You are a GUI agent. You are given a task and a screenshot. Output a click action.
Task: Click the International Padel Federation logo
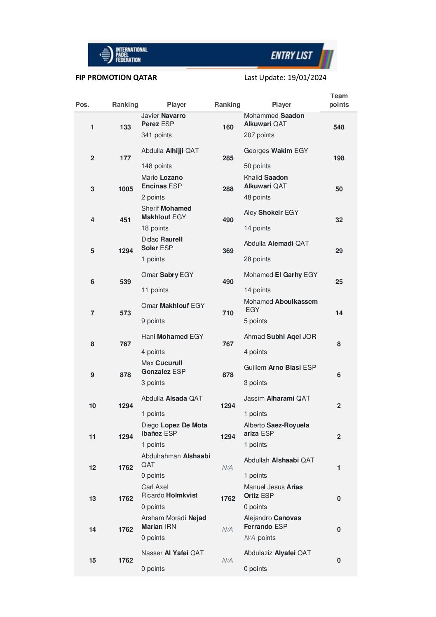click(x=123, y=54)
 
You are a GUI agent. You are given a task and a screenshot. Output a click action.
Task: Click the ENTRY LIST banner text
click(x=291, y=55)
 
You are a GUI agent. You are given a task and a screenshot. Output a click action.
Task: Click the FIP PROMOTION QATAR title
click(x=116, y=77)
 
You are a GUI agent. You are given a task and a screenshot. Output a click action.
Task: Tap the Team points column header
click(x=339, y=100)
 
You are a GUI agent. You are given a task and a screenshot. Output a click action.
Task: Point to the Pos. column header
click(x=82, y=104)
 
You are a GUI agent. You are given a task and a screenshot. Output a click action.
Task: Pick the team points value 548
click(x=339, y=127)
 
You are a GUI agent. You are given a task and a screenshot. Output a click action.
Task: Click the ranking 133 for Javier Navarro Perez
click(x=125, y=127)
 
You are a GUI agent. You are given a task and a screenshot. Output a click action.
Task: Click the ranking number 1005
click(x=125, y=189)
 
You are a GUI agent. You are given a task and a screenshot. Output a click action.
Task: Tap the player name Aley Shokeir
click(x=271, y=212)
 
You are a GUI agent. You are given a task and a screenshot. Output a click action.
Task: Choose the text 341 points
click(x=156, y=135)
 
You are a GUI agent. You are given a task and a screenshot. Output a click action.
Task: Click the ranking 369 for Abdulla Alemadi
click(x=228, y=251)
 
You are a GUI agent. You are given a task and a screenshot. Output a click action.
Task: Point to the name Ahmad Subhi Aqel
click(x=280, y=336)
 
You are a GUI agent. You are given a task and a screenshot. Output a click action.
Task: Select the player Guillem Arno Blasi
click(x=280, y=367)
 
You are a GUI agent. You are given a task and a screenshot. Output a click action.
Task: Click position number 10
click(x=92, y=406)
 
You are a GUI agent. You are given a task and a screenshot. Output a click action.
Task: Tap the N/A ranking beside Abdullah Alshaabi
click(x=227, y=467)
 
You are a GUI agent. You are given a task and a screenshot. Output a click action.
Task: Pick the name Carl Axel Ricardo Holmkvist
click(x=169, y=491)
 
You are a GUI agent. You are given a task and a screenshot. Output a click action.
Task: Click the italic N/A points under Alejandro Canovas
click(x=250, y=537)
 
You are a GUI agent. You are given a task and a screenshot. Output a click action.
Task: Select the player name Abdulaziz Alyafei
click(x=277, y=553)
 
